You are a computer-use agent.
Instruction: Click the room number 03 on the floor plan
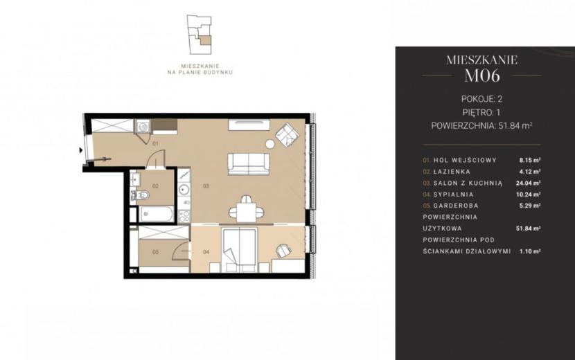pyautogui.click(x=206, y=186)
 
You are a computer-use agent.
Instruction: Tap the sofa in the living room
pyautogui.click(x=249, y=164)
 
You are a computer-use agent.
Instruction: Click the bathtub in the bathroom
pyautogui.click(x=156, y=214)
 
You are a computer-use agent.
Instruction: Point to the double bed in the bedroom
pyautogui.click(x=239, y=251)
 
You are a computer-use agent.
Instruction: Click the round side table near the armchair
pyautogui.click(x=270, y=144)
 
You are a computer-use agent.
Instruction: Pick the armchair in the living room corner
pyautogui.click(x=287, y=134)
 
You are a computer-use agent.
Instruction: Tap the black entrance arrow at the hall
pyautogui.click(x=80, y=150)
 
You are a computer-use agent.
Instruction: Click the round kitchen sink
pyautogui.click(x=184, y=190)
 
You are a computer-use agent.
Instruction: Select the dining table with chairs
pyautogui.click(x=246, y=210)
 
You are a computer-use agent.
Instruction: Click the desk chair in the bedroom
pyautogui.click(x=283, y=251)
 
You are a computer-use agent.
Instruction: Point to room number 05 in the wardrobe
pyautogui.click(x=155, y=252)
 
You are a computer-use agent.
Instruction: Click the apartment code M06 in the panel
pyautogui.click(x=482, y=75)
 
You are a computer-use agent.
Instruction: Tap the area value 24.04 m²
pyautogui.click(x=528, y=183)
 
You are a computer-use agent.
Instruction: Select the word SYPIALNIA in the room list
pyautogui.click(x=453, y=195)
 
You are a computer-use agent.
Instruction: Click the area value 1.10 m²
pyautogui.click(x=530, y=251)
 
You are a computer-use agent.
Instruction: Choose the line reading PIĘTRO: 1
pyautogui.click(x=481, y=112)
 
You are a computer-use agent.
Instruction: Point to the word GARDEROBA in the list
pyautogui.click(x=456, y=206)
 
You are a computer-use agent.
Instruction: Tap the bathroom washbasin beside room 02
pyautogui.click(x=134, y=179)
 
